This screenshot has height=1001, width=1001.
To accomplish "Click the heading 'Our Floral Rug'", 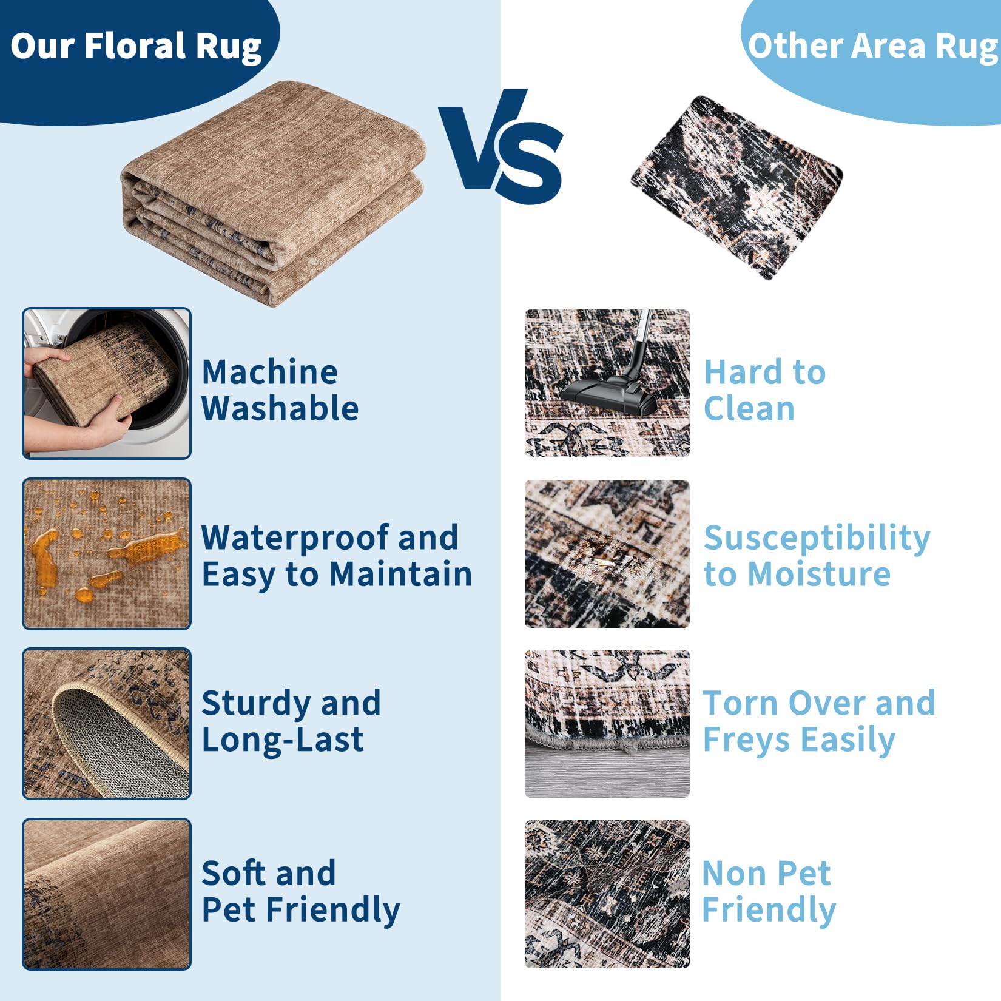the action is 136,47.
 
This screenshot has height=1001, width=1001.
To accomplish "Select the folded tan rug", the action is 273,193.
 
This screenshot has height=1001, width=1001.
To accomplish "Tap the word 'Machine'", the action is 269,372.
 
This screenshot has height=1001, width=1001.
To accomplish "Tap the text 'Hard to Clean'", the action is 764,390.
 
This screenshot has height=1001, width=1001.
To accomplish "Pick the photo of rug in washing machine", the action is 107,383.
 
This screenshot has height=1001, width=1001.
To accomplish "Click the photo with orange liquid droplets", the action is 107,553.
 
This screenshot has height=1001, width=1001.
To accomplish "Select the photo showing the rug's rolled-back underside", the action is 107,724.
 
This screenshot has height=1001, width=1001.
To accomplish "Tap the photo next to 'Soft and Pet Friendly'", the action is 107,894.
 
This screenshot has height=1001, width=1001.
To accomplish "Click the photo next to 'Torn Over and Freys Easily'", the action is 607,724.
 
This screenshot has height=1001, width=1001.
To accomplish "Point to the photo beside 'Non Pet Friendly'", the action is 607,894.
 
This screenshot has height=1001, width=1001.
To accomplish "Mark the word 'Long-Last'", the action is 283,741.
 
